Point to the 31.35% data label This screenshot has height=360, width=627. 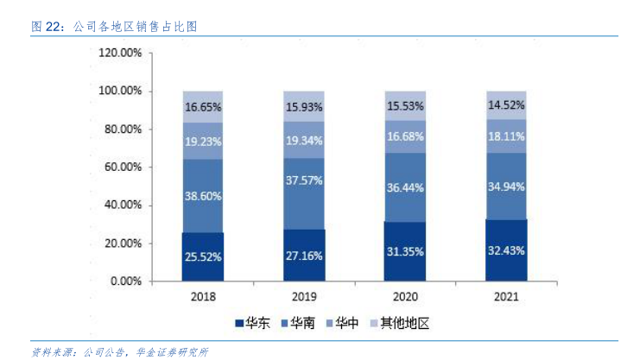[406, 251]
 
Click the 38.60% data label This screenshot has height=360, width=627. [203, 196]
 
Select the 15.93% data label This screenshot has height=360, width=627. [304, 107]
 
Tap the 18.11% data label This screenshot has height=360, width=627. [507, 136]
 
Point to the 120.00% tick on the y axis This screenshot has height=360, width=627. [120, 53]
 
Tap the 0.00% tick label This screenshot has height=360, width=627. [126, 281]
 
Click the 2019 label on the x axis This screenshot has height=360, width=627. [304, 296]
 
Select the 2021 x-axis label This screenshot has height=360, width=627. [506, 296]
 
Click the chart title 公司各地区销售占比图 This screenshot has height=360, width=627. [136, 27]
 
